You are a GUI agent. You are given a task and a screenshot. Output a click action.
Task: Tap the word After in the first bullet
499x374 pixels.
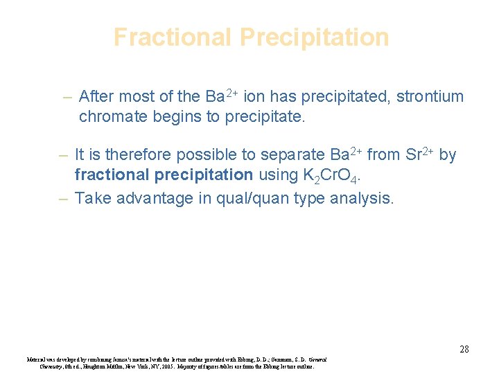click(x=96, y=96)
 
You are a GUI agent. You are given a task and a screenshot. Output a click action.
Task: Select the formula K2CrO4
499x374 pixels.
click(x=325, y=175)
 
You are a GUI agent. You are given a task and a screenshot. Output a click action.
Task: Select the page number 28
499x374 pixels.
click(x=464, y=349)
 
